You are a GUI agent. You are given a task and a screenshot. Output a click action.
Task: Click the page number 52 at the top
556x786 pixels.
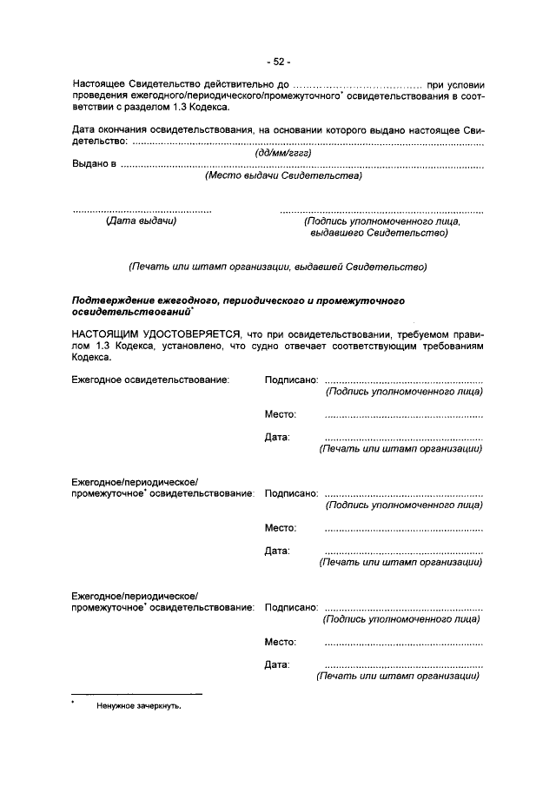[x=279, y=62]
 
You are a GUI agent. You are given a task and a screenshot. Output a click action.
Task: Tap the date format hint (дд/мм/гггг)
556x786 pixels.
[x=282, y=153]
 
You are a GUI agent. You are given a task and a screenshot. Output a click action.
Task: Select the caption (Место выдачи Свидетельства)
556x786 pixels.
[x=283, y=175]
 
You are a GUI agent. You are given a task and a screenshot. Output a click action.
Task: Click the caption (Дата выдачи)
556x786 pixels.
[x=141, y=221]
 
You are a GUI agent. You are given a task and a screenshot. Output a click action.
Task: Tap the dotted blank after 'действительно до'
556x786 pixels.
[x=355, y=85]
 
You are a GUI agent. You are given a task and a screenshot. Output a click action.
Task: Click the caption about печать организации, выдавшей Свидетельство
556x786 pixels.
[x=277, y=266]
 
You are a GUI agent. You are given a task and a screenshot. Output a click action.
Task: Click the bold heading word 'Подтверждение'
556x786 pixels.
[x=114, y=300]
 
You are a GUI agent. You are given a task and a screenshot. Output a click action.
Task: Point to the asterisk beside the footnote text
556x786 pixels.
[x=74, y=703]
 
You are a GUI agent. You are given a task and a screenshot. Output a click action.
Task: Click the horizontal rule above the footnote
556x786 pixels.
[x=136, y=693]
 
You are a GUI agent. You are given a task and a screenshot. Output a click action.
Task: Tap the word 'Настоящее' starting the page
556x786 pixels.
[x=100, y=85]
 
